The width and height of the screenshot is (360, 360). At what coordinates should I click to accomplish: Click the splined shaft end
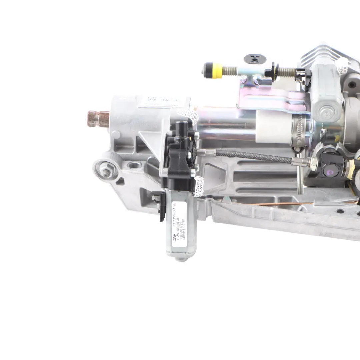[x=99, y=119]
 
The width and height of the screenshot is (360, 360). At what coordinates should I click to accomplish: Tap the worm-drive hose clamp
[x=299, y=130]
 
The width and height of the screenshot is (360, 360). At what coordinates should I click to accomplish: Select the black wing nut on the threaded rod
[x=270, y=71]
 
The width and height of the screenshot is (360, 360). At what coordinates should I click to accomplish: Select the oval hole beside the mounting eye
[x=134, y=165]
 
